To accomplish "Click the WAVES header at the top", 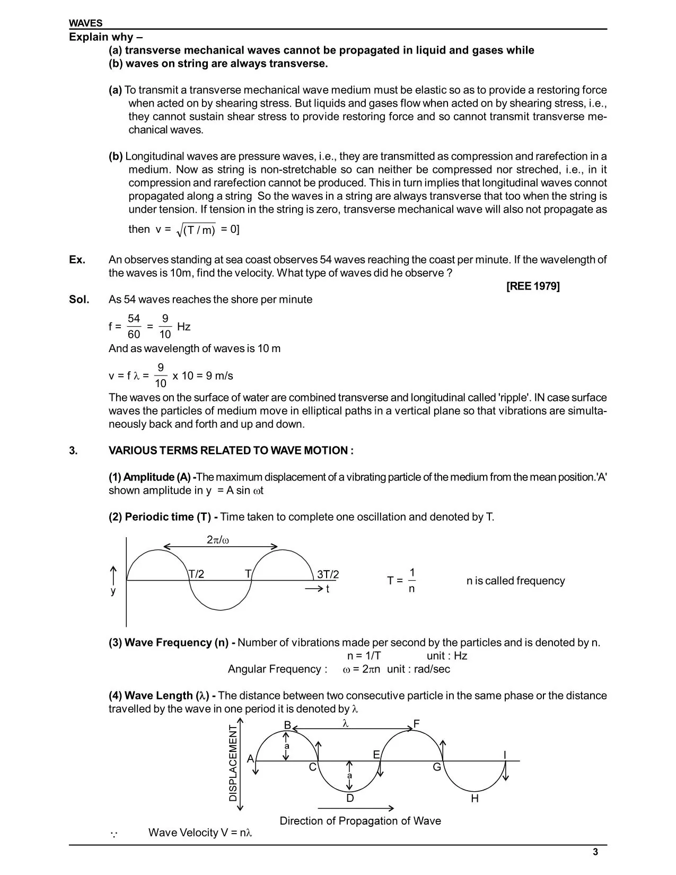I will click(86, 23).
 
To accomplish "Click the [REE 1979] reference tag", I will click(533, 286).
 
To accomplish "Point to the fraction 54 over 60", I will click(134, 326).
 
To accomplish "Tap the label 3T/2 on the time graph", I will click(328, 574).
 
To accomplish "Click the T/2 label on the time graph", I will click(197, 574).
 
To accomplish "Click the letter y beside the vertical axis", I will click(113, 591).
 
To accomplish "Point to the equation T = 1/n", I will click(402, 581).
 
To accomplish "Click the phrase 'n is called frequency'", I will click(515, 581).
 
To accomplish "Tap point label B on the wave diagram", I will click(287, 725).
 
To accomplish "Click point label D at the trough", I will click(350, 798).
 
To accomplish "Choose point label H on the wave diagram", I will click(475, 798).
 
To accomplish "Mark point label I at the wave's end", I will click(505, 755).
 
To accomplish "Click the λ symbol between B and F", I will click(346, 723).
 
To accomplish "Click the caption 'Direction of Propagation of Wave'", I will click(360, 821).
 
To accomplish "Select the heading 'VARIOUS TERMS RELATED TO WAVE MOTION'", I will click(231, 451).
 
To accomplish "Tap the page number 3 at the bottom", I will click(595, 853).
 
